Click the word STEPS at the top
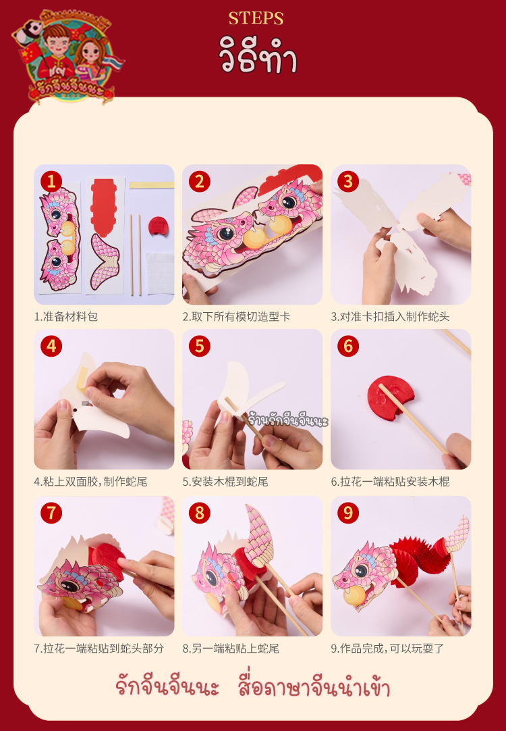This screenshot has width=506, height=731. coord(256,18)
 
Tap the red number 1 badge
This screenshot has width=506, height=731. coord(51,181)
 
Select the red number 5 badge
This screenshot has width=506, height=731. coord(200,347)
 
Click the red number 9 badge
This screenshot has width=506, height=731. coord(348,513)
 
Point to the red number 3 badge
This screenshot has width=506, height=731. coord(348,181)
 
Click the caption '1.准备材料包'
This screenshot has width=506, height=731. coord(65,317)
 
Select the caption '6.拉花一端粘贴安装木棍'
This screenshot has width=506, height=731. coord(390,482)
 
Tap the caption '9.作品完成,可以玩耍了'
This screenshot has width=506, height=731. coord(388,648)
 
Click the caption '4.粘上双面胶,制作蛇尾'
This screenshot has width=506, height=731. coord(91,482)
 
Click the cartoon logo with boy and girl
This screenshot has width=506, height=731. coord(67,55)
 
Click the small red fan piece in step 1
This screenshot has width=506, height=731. coord(159,226)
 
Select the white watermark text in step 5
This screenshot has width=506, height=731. coord(288,420)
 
